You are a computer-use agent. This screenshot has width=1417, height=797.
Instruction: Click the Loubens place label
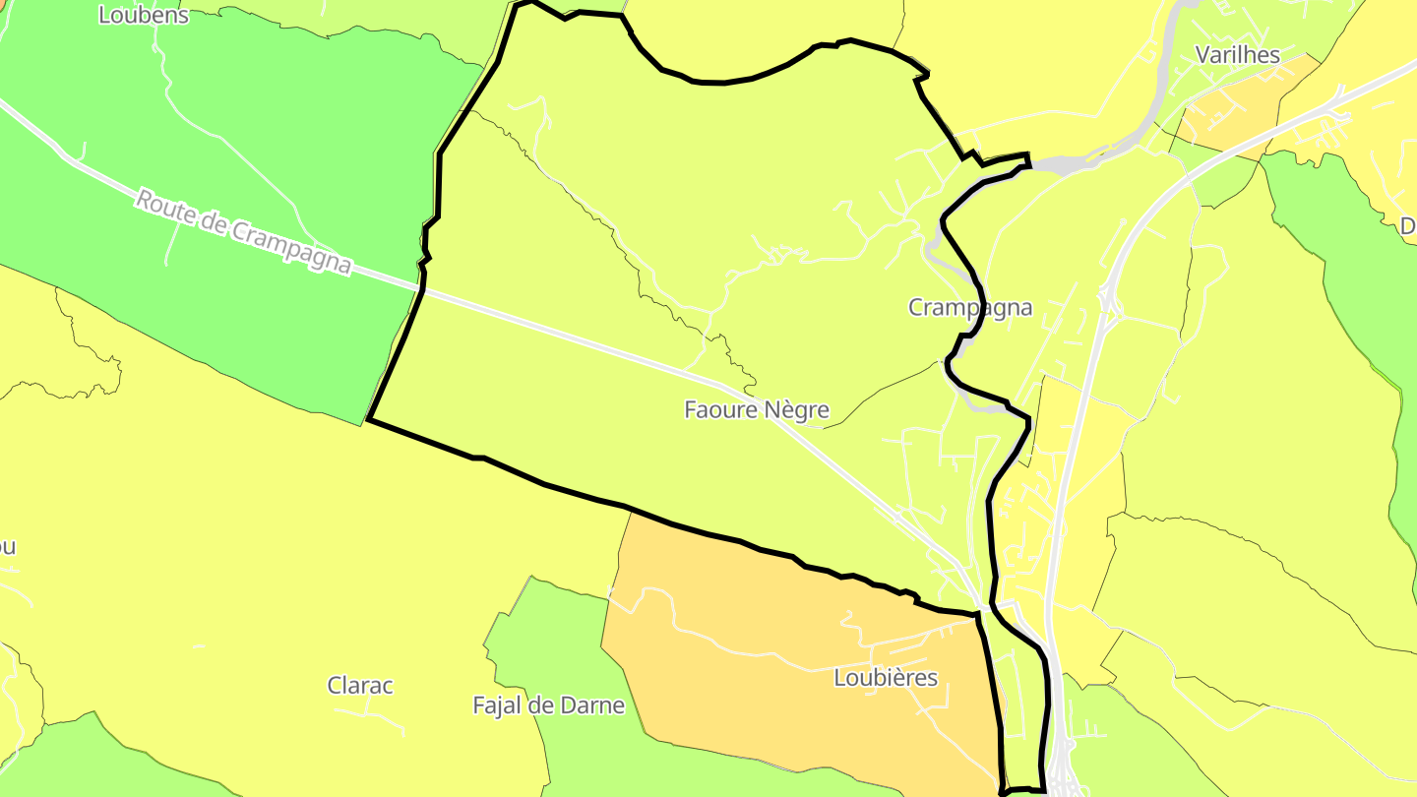pos(144,15)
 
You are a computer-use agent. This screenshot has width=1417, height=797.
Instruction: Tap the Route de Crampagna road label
pos(243,232)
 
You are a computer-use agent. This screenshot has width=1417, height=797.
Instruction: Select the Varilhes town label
pos(1237,54)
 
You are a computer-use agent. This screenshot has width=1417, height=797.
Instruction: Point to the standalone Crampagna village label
pos(970,308)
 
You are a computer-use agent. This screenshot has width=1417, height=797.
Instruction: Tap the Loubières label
pos(886,678)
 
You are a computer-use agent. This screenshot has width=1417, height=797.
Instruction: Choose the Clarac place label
pos(360,686)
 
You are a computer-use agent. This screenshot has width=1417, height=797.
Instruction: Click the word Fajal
pos(503,705)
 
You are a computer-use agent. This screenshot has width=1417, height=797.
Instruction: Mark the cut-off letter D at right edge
pos(1408,227)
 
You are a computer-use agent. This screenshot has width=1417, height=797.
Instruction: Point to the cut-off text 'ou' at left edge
pos(7,547)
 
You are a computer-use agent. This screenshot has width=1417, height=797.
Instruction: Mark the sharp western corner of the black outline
pos(368,420)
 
